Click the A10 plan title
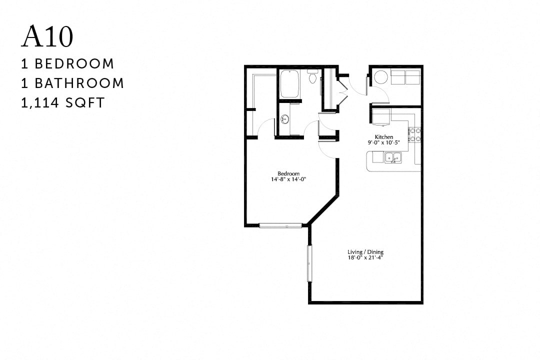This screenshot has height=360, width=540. click(47, 37)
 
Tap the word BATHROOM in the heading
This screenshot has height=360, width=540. click(86, 83)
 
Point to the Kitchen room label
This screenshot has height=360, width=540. click(384, 137)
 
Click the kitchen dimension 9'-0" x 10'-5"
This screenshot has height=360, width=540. click(384, 143)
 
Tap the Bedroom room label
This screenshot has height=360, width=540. click(288, 173)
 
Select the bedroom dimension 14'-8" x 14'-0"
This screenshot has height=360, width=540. click(288, 179)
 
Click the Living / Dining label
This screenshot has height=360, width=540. click(364, 252)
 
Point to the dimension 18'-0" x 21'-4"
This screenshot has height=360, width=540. click(365, 258)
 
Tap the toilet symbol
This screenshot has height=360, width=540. click(313, 77)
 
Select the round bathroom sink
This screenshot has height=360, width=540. click(284, 119)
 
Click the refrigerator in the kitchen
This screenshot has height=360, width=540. click(381, 118)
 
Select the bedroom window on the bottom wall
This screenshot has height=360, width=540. click(280, 226)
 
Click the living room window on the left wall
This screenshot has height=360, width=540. click(309, 263)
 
